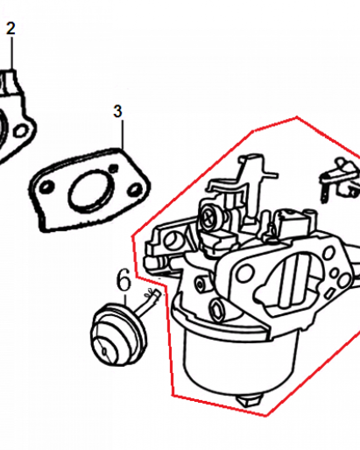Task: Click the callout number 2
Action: point(11,29)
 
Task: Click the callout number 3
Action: point(118,111)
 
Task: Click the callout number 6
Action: point(124,280)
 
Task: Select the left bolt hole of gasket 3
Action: point(46,187)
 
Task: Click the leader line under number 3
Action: point(122,134)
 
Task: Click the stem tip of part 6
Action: point(156,293)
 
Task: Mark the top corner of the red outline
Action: point(297,117)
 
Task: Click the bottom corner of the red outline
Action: point(266,415)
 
